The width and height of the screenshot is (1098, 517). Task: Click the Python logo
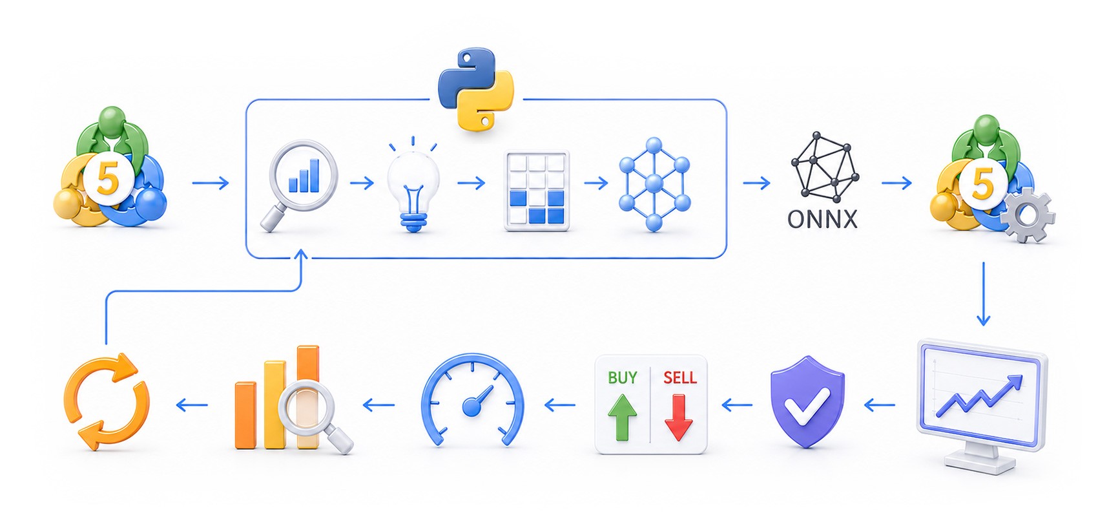pyautogui.click(x=475, y=89)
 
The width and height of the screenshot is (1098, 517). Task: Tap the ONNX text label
pyautogui.click(x=822, y=219)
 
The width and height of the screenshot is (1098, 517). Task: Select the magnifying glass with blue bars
pyautogui.click(x=299, y=184)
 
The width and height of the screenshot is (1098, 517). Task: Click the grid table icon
pyautogui.click(x=537, y=190)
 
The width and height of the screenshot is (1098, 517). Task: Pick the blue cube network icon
pyautogui.click(x=654, y=184)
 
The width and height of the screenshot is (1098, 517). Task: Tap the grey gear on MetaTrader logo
pyautogui.click(x=1027, y=215)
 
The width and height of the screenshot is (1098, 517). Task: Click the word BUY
pyautogui.click(x=623, y=377)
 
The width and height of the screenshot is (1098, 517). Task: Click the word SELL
pyautogui.click(x=680, y=377)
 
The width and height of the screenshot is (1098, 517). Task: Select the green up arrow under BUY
pyautogui.click(x=623, y=418)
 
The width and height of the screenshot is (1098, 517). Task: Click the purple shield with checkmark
pyautogui.click(x=807, y=401)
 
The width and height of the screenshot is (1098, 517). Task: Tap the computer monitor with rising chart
pyautogui.click(x=981, y=406)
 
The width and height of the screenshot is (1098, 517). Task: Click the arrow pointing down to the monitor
pyautogui.click(x=983, y=294)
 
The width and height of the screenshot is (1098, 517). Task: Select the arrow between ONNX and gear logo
pyautogui.click(x=896, y=184)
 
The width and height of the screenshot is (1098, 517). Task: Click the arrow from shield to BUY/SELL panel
pyautogui.click(x=737, y=405)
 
